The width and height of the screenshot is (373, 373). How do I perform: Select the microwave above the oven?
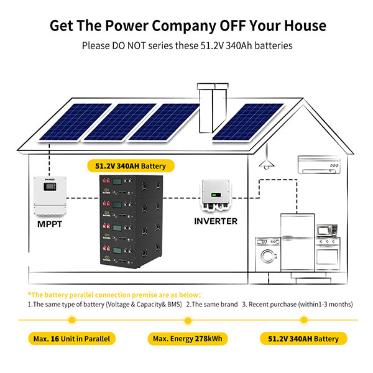(x=326, y=231)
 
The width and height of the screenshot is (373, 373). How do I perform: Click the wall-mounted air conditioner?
(x=317, y=165)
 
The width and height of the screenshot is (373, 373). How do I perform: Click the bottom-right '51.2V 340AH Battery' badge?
(x=303, y=339)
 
